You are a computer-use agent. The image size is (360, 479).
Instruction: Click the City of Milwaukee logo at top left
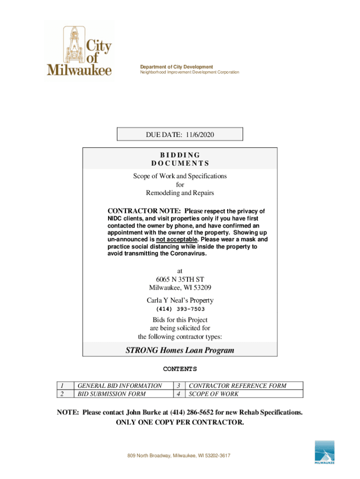click(80, 51)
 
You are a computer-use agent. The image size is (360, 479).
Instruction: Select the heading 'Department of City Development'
click(177, 67)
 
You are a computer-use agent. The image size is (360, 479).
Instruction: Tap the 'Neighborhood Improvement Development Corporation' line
click(190, 73)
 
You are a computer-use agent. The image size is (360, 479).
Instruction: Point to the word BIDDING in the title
click(180, 155)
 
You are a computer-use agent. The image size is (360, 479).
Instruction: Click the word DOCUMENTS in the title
click(180, 163)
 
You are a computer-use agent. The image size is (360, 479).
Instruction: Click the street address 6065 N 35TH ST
click(180, 279)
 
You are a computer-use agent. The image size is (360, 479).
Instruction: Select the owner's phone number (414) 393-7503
click(180, 309)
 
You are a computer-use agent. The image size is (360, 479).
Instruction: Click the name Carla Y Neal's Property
click(180, 300)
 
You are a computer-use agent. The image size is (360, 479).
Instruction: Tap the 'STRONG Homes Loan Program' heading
click(180, 350)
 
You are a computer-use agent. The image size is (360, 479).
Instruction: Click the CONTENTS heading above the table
click(180, 369)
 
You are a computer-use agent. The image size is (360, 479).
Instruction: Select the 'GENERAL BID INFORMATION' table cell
click(120, 386)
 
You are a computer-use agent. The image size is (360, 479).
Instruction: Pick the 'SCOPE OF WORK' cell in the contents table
click(213, 394)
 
